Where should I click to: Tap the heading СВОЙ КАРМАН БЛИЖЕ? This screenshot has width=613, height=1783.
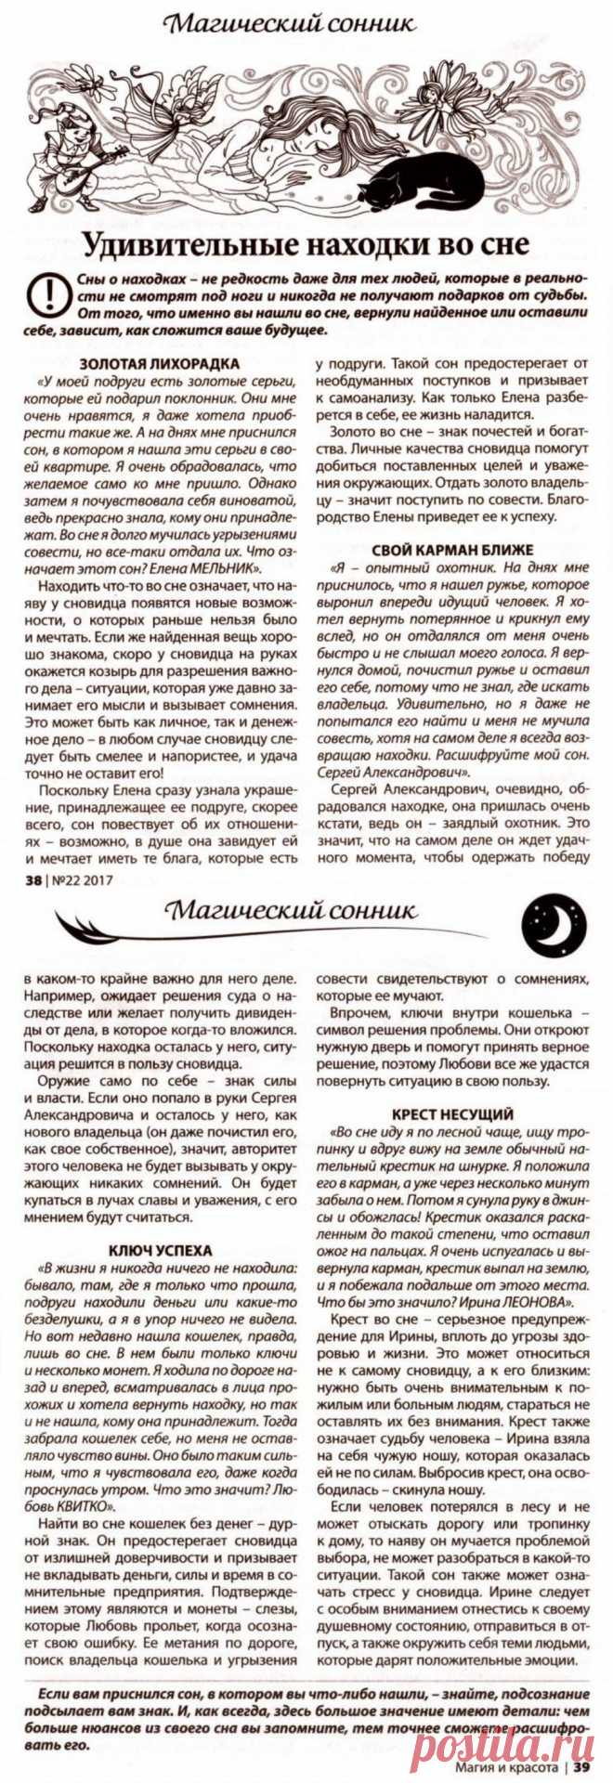(451, 549)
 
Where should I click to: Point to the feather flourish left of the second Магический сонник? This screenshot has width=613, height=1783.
(102, 924)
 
